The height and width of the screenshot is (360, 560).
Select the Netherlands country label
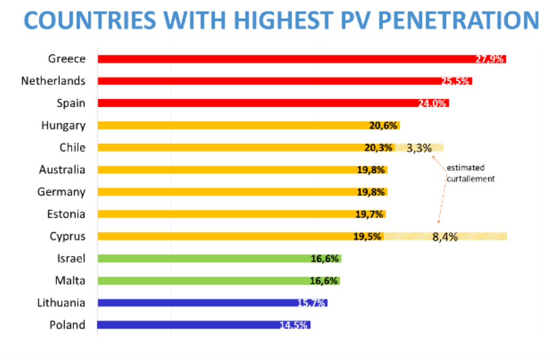pyautogui.click(x=53, y=81)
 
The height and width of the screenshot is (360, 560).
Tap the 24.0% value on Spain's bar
pyautogui.click(x=432, y=104)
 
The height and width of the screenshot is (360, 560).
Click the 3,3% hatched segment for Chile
pyautogui.click(x=419, y=148)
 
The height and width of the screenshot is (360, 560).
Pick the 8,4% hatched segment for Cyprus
pyautogui.click(x=445, y=237)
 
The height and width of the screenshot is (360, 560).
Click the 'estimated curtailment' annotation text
pyautogui.click(x=470, y=174)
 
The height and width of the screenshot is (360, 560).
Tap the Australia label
pyautogui.click(x=62, y=170)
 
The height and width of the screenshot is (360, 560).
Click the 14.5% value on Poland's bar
pyautogui.click(x=293, y=325)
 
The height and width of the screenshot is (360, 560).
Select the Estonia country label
pyautogui.click(x=66, y=214)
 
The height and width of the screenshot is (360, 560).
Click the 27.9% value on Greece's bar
pyautogui.click(x=489, y=59)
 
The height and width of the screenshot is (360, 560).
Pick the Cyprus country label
pyautogui.click(x=68, y=236)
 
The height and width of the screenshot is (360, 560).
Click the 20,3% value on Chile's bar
pyautogui.click(x=378, y=148)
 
